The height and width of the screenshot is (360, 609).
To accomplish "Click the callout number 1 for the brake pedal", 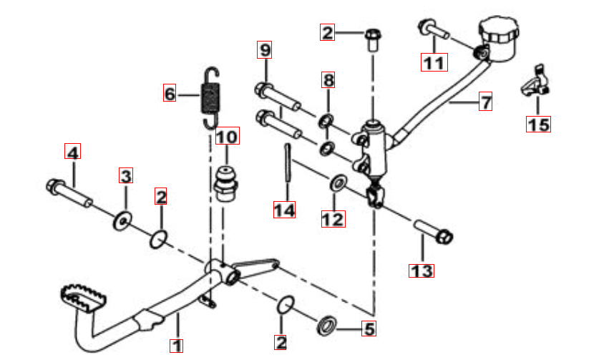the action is (x=176, y=345).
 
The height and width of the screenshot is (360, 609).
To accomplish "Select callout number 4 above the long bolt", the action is (x=72, y=152).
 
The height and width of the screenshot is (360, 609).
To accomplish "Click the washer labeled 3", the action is (x=122, y=221).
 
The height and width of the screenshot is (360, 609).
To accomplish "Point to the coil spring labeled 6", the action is (x=210, y=99).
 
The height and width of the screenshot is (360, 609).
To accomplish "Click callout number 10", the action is (x=227, y=135).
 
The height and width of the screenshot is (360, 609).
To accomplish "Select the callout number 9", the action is (x=265, y=49).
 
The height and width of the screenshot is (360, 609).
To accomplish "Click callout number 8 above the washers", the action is (x=328, y=80).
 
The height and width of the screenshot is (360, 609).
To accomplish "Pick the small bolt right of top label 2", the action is (x=373, y=39).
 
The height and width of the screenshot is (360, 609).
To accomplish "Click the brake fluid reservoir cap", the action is (x=499, y=29).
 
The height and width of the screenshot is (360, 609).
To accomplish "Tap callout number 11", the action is (x=434, y=62).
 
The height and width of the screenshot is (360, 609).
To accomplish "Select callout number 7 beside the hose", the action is (x=485, y=102).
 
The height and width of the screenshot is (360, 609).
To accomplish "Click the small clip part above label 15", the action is (x=535, y=82).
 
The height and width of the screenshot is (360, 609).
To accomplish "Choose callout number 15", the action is (x=538, y=125).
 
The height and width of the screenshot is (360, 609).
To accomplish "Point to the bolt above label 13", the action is (x=433, y=231).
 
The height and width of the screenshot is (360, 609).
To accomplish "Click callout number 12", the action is (x=333, y=218).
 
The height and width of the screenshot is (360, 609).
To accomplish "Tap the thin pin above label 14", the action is (x=288, y=162).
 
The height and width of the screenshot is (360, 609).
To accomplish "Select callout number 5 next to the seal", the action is (x=369, y=329).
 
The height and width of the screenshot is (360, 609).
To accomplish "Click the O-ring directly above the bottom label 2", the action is (x=286, y=304).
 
